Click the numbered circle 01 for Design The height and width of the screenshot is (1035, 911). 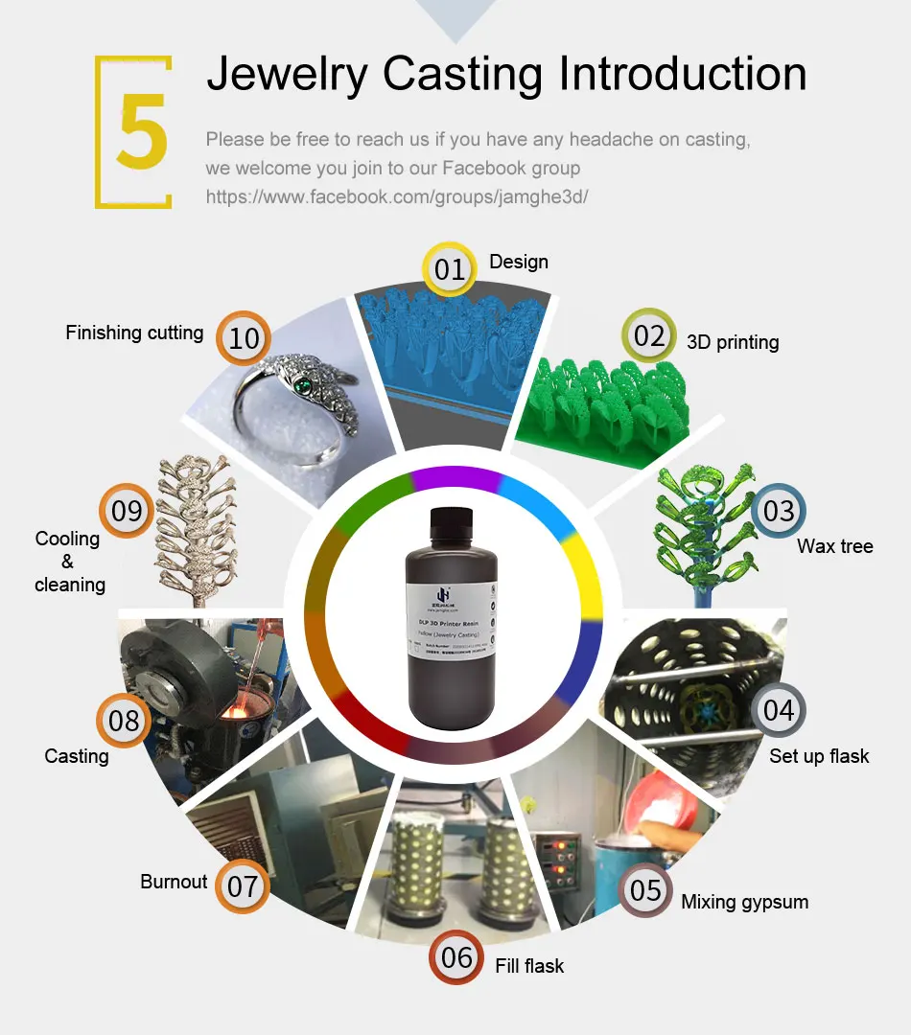point(449,269)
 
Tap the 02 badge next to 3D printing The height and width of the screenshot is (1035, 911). point(649,335)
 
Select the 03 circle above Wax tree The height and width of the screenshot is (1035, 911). point(779,511)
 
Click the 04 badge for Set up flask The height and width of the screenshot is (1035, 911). point(779,710)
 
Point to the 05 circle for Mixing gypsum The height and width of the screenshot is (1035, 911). point(645,891)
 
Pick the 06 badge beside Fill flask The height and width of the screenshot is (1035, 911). point(456,956)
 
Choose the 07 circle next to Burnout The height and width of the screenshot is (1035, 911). point(243,885)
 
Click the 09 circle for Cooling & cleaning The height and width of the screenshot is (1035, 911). point(127,511)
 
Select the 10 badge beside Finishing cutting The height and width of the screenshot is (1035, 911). point(244,338)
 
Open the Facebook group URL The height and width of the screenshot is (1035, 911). point(397,197)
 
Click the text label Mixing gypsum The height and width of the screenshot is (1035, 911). point(744,902)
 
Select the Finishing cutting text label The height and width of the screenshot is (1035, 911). point(134,333)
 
